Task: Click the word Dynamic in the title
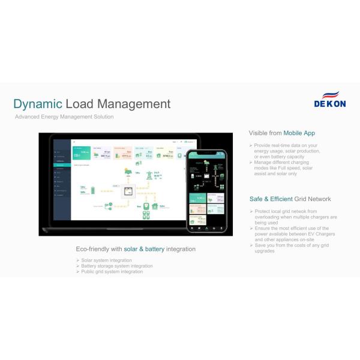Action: pos(37,104)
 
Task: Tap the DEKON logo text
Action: pos(329,104)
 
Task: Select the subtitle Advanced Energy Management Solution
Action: pos(64,117)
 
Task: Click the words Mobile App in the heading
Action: pos(299,133)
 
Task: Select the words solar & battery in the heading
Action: pos(145,249)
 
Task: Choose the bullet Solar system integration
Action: pos(106,260)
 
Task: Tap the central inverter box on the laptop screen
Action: pos(127,192)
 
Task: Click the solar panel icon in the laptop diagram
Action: pos(127,172)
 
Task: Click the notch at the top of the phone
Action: pos(206,152)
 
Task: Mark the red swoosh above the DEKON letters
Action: pos(331,94)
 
